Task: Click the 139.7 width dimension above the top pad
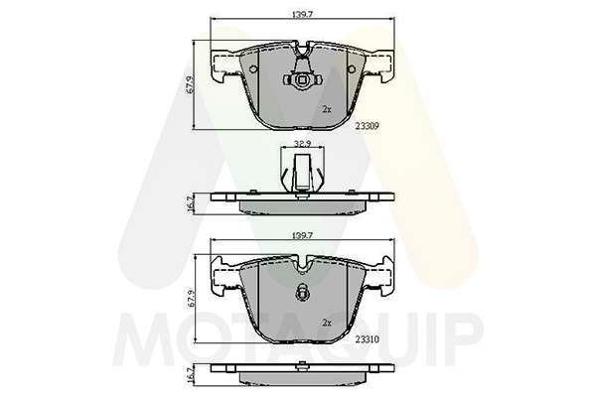[x=302, y=15]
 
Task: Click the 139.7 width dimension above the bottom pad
[x=302, y=235]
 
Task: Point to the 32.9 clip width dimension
[x=302, y=144]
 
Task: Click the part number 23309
[x=367, y=126]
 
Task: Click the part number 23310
[x=367, y=339]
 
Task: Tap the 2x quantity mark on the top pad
[x=327, y=109]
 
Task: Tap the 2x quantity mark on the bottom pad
[x=327, y=323]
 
